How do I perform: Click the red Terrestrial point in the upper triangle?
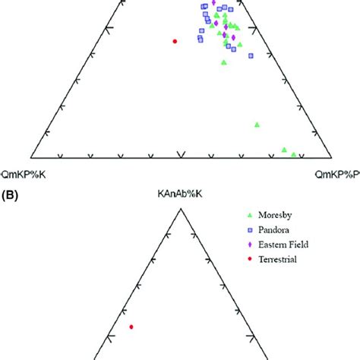pos(175,41)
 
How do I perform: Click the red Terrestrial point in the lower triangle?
pos(131,327)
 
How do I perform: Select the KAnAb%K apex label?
pos(179,196)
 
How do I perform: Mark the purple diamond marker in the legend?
pos(251,245)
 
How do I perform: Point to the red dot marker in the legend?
pos(251,259)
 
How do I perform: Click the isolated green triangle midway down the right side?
pos(257,124)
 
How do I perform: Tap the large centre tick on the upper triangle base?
pos(180,155)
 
